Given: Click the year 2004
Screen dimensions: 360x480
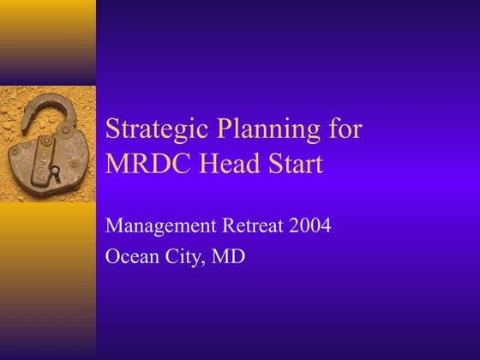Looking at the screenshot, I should point(311,226).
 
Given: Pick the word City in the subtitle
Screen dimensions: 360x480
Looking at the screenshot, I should point(184,256).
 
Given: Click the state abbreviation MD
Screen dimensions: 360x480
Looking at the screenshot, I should point(230,256).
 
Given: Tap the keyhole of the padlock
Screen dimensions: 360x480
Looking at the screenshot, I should point(53,174).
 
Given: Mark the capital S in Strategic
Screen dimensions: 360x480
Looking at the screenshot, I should point(112,130).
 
